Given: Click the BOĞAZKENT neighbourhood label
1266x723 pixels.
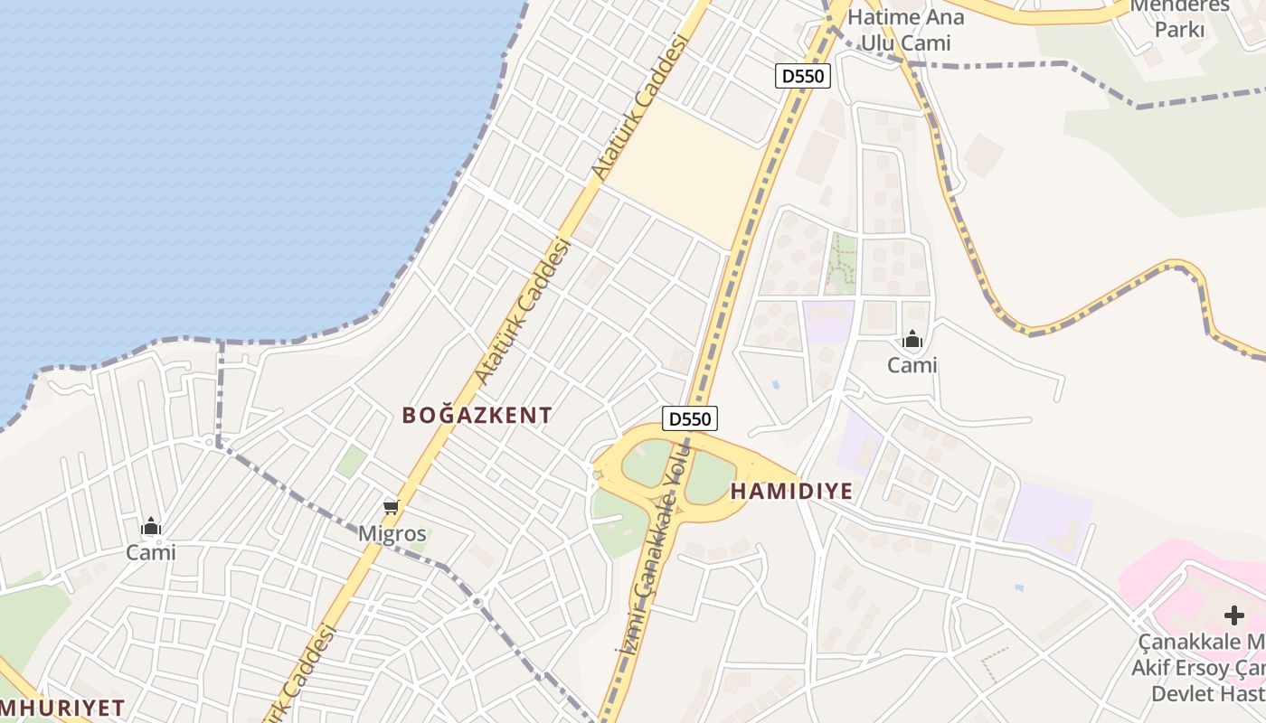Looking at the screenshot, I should (477, 416).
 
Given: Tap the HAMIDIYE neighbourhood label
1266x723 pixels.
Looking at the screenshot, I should (791, 492).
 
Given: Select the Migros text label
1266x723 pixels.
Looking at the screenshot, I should (392, 532).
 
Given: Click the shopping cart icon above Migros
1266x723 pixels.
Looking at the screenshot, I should (392, 507).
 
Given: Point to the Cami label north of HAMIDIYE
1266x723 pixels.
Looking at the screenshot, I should (912, 365).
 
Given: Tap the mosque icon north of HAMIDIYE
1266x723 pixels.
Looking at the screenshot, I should (912, 340).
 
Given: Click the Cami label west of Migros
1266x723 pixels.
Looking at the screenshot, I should (151, 552).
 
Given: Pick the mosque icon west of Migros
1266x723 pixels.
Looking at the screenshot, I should (151, 527).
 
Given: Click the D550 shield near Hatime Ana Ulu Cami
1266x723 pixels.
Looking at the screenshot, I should (803, 76).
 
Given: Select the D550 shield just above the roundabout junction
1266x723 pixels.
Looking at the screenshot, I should (690, 418).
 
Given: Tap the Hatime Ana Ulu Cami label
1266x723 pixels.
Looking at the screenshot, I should (905, 30).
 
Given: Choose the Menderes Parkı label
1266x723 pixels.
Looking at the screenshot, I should (1180, 18).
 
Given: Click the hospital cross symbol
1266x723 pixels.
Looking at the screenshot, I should (1233, 615).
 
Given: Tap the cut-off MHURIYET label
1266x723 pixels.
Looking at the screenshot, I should (61, 707).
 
